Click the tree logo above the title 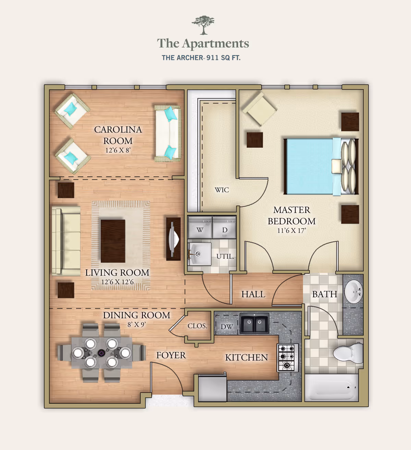(203, 25)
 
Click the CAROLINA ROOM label (118, 135)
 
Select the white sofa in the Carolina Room (167, 133)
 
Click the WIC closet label (222, 190)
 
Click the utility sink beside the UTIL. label (199, 254)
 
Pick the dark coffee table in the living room (113, 241)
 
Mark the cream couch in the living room (66, 240)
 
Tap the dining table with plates (102, 352)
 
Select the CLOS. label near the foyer (197, 326)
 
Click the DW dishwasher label (226, 327)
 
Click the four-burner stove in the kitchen (287, 358)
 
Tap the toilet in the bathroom (348, 353)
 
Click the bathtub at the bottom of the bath (332, 387)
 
